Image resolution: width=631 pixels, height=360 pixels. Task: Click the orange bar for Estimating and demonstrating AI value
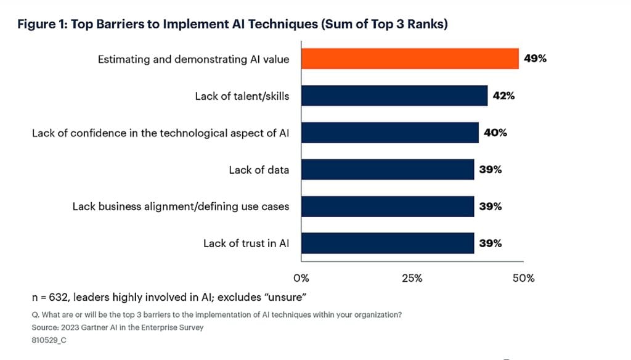(x=409, y=59)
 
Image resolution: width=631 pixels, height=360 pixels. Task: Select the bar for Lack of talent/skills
(x=394, y=96)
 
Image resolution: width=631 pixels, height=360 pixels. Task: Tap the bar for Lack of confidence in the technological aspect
(x=389, y=133)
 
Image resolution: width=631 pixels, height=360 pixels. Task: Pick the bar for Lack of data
(x=387, y=170)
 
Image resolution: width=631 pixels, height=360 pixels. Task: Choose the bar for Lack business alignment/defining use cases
(x=387, y=207)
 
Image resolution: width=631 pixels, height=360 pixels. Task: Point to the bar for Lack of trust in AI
(x=387, y=243)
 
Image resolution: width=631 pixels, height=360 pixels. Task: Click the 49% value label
(x=535, y=59)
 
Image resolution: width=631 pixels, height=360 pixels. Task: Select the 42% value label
(x=503, y=96)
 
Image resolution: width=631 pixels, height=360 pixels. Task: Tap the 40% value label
(x=495, y=133)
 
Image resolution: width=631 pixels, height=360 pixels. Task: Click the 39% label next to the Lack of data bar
(x=491, y=170)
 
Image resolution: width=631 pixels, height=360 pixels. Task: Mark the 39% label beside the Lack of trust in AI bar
(x=491, y=243)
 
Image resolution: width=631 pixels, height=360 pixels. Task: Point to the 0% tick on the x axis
(x=301, y=278)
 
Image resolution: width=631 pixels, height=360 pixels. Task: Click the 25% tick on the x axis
(x=412, y=278)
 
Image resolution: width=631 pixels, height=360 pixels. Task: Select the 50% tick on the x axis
(x=523, y=278)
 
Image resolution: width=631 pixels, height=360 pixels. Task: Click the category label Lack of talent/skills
(x=242, y=96)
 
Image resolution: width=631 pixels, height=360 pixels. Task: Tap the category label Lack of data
(x=259, y=170)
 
